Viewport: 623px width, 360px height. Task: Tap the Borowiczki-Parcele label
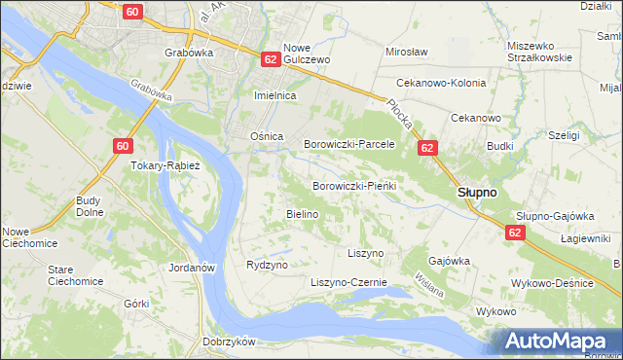click(348, 144)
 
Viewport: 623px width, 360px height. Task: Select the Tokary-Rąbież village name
click(165, 165)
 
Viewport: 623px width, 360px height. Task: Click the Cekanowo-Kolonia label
click(439, 83)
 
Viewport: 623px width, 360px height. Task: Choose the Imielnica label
click(275, 97)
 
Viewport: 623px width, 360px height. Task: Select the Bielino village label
click(302, 214)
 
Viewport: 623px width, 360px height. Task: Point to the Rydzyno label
click(267, 265)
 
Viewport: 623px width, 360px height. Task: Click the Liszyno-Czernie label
click(348, 282)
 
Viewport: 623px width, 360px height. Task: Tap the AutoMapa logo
click(555, 342)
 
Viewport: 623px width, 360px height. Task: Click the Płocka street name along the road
click(400, 118)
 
